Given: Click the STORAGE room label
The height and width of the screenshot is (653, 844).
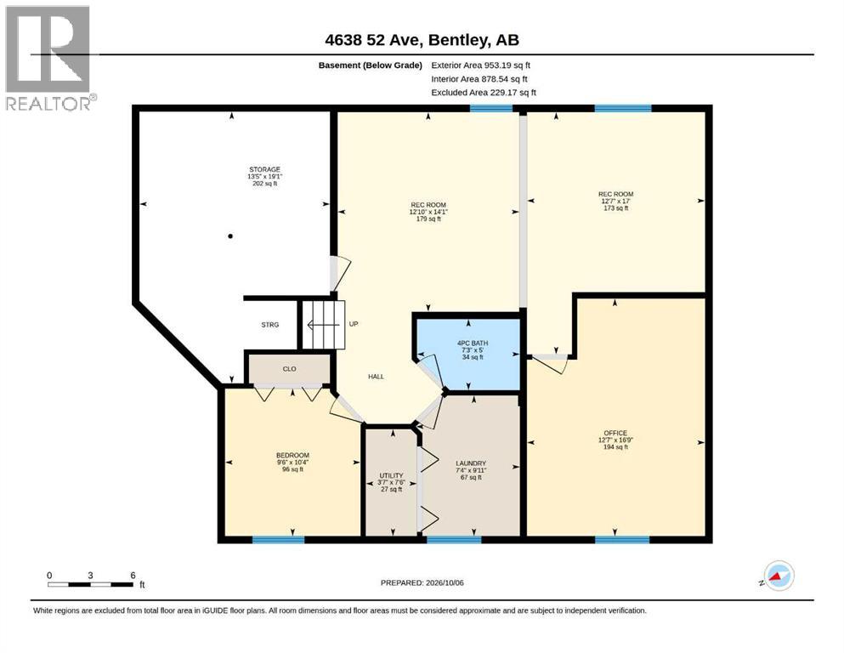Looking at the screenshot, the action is [x=265, y=169].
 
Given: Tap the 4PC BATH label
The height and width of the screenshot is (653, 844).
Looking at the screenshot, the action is [x=473, y=344].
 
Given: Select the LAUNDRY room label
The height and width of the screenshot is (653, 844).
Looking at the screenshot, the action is [x=471, y=463].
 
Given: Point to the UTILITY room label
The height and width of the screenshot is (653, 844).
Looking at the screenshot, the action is [x=391, y=476].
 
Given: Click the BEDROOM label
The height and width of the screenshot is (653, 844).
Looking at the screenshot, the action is [x=293, y=456].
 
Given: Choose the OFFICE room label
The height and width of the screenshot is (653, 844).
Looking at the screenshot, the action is [x=615, y=433].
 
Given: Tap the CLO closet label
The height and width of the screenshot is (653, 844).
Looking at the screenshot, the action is [x=290, y=369].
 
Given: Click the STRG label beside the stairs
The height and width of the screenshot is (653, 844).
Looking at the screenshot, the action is [x=270, y=325].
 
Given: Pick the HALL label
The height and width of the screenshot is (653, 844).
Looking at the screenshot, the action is [x=377, y=377].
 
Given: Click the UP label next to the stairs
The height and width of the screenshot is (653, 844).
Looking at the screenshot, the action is [x=354, y=324].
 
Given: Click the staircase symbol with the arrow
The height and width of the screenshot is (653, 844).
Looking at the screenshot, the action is [x=323, y=325].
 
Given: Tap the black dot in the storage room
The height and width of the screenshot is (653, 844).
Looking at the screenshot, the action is [x=230, y=236].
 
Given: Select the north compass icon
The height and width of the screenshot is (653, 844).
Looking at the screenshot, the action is [x=779, y=576].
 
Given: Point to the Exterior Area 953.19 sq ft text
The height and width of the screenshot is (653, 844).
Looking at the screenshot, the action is [x=481, y=65].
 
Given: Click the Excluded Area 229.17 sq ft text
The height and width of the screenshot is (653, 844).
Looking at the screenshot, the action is [x=484, y=93].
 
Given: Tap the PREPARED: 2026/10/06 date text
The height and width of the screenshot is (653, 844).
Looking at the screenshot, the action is [x=422, y=582].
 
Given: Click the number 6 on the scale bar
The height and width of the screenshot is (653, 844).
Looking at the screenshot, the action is [x=133, y=576].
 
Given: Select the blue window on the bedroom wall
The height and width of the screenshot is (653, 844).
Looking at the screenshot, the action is [x=278, y=539].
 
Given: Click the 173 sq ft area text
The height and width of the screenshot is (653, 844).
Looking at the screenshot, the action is [x=615, y=208].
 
